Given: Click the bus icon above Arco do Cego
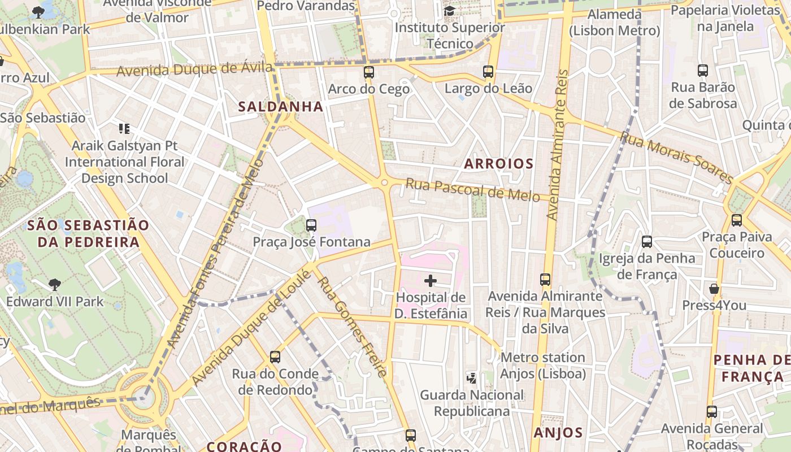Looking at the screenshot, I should point(369,72).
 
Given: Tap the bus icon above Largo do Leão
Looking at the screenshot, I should point(488,72).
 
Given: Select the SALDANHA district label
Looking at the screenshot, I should point(280,106).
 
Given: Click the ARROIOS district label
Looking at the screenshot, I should point(498,164).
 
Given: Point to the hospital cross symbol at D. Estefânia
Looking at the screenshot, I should point(431,280).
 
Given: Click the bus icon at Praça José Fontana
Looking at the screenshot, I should point(311,225).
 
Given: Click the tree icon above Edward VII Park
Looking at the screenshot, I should point(55,284).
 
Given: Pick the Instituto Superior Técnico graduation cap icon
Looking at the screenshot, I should point(449,11).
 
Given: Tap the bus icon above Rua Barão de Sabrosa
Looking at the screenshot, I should point(703,71).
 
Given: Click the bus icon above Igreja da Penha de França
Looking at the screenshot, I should point(647,242).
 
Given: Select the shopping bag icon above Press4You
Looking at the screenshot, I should point(714,289).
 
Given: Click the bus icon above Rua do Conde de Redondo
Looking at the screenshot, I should point(275,357).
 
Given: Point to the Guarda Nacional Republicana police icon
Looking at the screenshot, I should point(471,377).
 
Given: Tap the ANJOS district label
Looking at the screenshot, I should point(558,433).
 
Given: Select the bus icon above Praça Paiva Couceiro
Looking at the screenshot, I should point(737,220).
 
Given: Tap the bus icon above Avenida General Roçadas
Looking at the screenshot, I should point(712,412).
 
